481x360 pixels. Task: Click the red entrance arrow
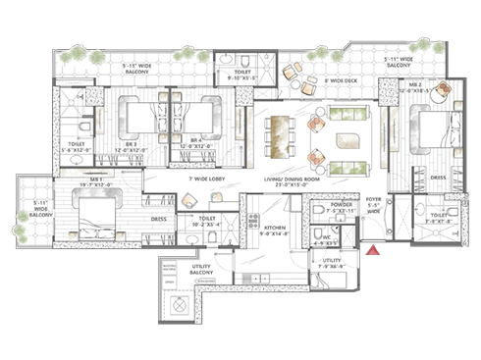tap(373, 257)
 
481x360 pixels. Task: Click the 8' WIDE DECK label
tap(341, 82)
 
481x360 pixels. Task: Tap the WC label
tap(327, 234)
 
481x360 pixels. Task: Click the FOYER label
tap(374, 199)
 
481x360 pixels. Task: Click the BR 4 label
tap(195, 140)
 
